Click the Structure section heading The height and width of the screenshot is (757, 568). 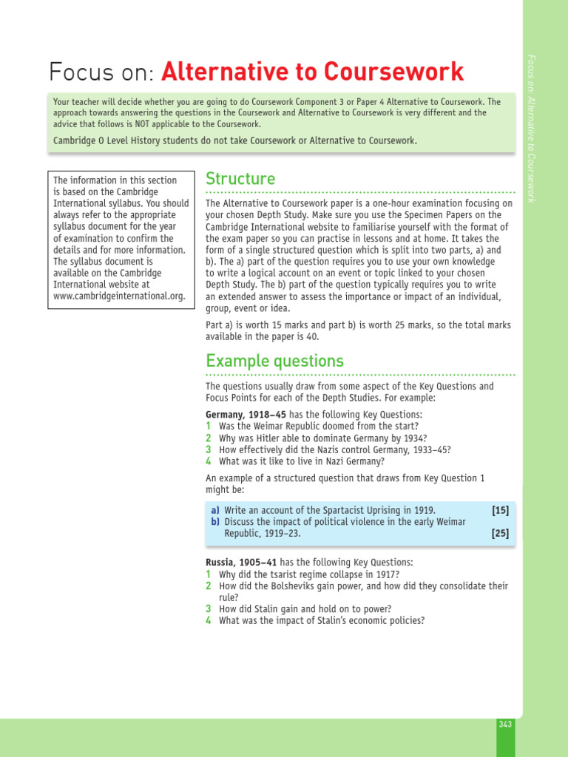point(240,179)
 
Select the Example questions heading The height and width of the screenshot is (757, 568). point(274,361)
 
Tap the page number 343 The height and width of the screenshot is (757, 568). point(505,724)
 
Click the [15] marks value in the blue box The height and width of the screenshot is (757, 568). point(500,510)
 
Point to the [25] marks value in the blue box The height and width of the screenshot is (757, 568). point(500,533)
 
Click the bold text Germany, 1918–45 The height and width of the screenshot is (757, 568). point(246,415)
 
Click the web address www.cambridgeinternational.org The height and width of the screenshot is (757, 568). point(118,296)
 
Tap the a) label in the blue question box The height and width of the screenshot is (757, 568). point(215,510)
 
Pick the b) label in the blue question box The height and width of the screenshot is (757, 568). point(215,522)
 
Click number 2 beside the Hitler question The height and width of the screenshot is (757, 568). point(209,438)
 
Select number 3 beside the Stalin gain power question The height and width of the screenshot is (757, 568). point(209,609)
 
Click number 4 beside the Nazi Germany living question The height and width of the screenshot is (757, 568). point(209,461)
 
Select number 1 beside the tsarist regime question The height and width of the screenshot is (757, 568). point(209,574)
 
